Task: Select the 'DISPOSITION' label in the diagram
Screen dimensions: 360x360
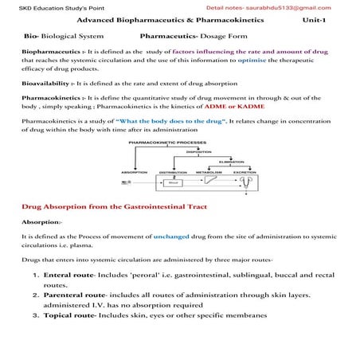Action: tap(198, 151)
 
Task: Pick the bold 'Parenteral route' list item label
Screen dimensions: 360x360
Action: tap(73, 295)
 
